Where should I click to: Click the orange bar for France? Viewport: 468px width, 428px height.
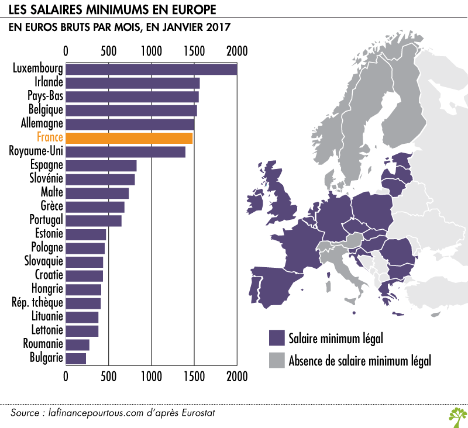[129, 138]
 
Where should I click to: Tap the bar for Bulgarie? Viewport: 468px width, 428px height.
[76, 358]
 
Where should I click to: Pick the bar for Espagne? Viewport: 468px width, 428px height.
[101, 165]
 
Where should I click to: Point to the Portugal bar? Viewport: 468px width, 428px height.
[94, 220]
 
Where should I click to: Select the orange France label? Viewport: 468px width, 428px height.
[50, 138]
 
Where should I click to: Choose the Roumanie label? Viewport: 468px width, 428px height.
[43, 344]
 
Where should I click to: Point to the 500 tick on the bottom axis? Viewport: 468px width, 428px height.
[108, 375]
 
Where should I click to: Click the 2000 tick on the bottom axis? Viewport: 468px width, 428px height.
[237, 375]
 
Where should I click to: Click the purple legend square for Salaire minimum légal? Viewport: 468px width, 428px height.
[276, 339]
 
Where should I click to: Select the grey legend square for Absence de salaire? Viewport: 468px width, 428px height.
[276, 360]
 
